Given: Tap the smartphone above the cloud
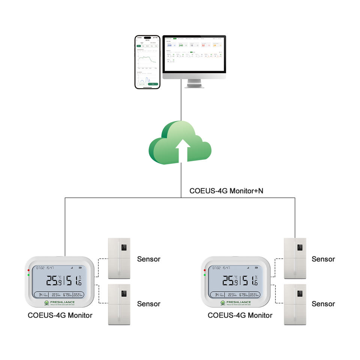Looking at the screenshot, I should [147, 62].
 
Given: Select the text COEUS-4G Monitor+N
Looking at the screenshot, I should [226, 191].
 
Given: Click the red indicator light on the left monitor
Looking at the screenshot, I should [28, 270].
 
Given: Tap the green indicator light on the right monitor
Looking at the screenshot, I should [204, 275].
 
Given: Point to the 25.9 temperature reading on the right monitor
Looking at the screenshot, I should [229, 280].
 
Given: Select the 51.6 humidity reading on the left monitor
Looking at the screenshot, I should [73, 280].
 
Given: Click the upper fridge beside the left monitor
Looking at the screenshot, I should [119, 258].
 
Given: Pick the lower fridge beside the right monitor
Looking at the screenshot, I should [295, 304].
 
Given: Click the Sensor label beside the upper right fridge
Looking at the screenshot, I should [323, 259].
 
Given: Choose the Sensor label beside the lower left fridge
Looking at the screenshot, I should [148, 304].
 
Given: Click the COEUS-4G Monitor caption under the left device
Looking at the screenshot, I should [60, 315].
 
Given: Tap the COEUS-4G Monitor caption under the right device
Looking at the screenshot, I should [240, 315].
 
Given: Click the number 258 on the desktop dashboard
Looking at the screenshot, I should [169, 45].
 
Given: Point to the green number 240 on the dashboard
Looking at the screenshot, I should [181, 45].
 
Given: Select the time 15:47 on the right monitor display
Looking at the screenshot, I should [226, 268].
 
